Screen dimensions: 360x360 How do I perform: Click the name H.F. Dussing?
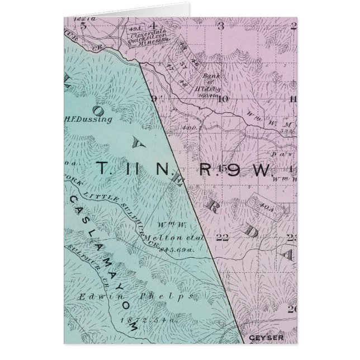click(89, 119)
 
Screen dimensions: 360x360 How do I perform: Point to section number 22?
click(222, 237)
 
